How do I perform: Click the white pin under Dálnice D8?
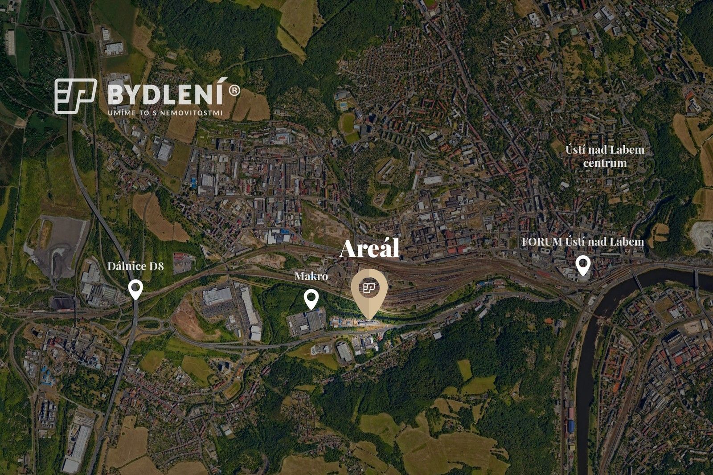point(135,289)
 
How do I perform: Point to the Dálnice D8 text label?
point(135,266)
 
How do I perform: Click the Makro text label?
point(311,277)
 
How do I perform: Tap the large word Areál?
point(369,249)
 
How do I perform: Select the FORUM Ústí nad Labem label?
point(583,242)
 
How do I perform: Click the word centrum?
point(605,163)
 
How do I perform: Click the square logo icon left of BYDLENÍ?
point(75,96)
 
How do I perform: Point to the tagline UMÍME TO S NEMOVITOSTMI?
point(165,113)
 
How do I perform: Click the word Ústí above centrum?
point(574,150)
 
